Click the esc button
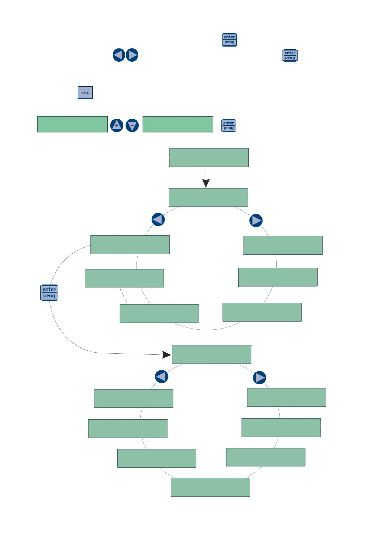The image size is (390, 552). [85, 93]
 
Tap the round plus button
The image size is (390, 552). [117, 125]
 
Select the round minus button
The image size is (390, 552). [132, 125]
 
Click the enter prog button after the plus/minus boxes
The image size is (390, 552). [228, 126]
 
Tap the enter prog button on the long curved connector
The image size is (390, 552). [49, 293]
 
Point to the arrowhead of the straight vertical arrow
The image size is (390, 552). [206, 183]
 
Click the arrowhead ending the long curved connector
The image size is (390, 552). [167, 355]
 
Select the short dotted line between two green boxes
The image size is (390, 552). [123, 295]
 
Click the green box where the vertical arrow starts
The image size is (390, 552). [209, 157]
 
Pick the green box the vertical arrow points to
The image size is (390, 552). [208, 197]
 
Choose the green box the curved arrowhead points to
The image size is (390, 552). [211, 355]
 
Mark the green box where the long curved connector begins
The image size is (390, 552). [130, 245]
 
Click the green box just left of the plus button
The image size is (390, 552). [72, 124]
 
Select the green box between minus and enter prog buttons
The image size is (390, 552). [178, 124]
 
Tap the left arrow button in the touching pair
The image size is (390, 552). [119, 55]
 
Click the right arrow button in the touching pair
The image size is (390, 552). [132, 55]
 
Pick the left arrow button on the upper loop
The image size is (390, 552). [158, 219]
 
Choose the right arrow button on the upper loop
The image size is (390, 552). [256, 221]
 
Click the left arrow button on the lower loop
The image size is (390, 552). [162, 377]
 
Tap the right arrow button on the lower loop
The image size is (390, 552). [259, 378]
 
